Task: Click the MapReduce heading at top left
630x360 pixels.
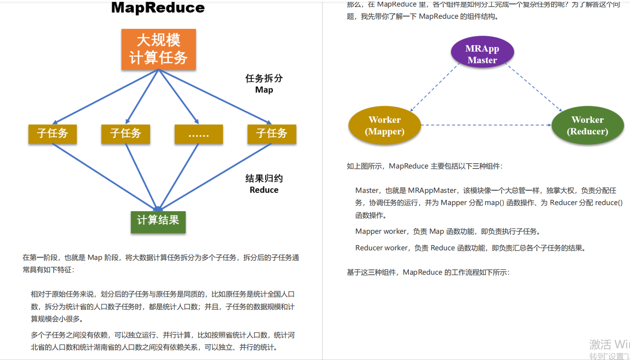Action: coord(158,7)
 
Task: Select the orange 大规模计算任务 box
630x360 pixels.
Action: coord(158,49)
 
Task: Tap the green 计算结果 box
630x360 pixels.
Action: coord(158,221)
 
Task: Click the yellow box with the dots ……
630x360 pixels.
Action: coord(199,134)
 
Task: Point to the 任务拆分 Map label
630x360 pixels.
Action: coord(264,84)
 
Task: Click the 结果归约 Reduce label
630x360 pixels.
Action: coord(264,184)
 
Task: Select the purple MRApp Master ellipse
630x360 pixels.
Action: coord(482,54)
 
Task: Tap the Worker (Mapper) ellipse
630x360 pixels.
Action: coord(384,125)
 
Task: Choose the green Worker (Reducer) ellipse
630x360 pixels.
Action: coord(587,125)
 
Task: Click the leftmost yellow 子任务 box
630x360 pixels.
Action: coord(53,134)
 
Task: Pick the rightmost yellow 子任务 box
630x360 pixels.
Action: coord(272,134)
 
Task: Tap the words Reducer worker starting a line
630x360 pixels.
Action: coord(382,248)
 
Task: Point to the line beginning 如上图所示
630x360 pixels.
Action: coord(424,166)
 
